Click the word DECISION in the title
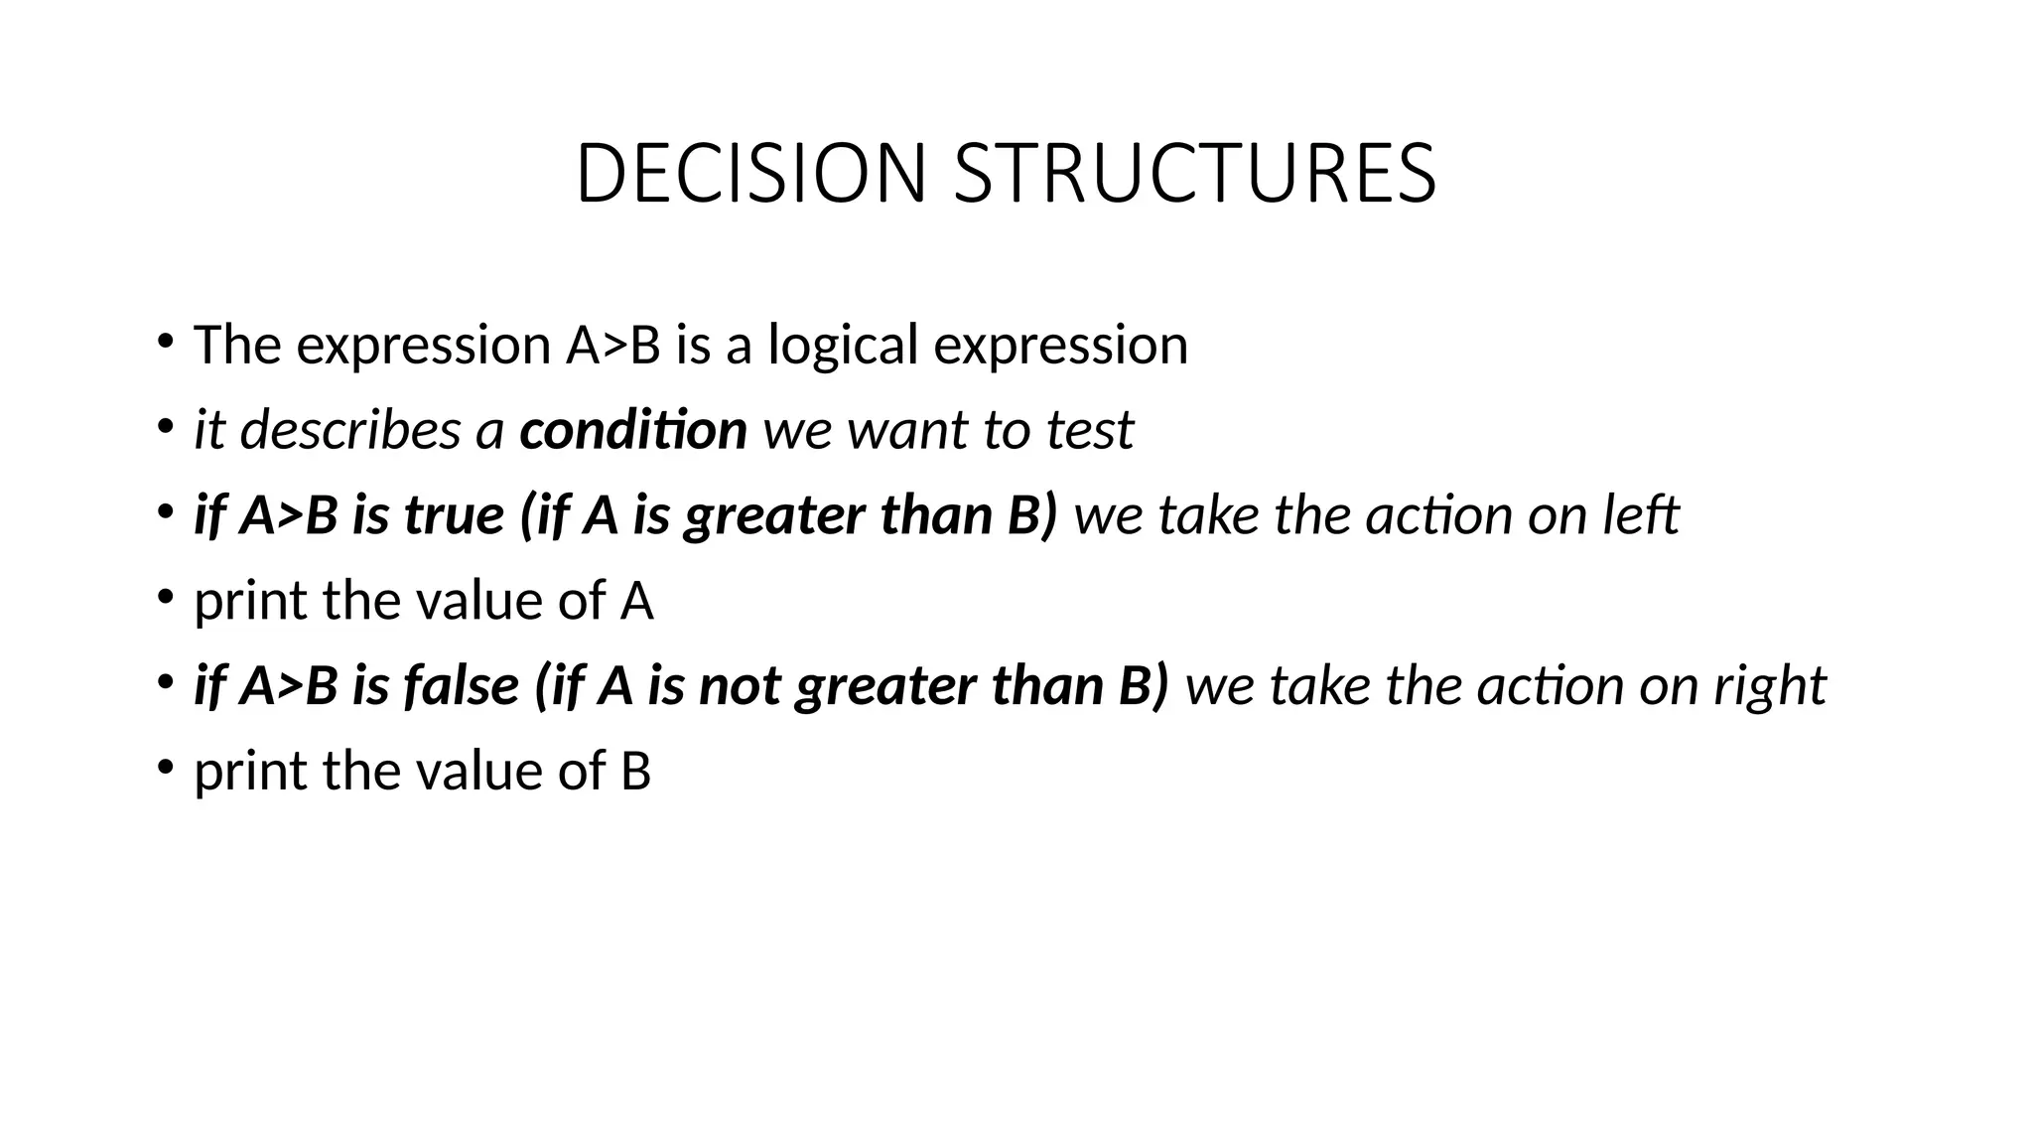click(x=750, y=174)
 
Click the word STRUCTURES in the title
click(x=1194, y=174)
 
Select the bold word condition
click(x=632, y=430)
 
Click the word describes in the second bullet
click(x=350, y=430)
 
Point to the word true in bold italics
click(x=455, y=515)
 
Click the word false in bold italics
click(x=462, y=685)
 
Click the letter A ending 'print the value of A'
click(x=636, y=601)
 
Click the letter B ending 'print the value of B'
click(x=635, y=771)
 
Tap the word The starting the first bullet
click(x=237, y=346)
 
